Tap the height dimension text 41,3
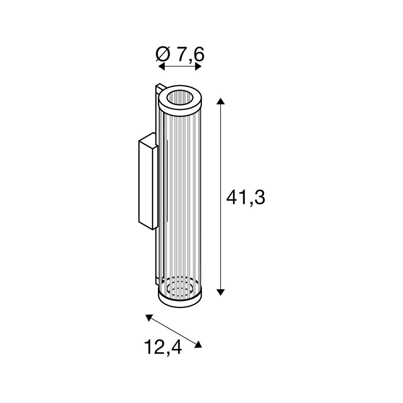pos(246,197)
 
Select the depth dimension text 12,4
pos(163,348)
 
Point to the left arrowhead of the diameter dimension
pos(161,67)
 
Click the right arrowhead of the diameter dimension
pos(198,67)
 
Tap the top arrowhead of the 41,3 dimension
pos(221,101)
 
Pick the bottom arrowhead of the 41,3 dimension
pos(221,292)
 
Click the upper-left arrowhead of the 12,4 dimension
pos(149,318)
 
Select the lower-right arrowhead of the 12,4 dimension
pos(198,345)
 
